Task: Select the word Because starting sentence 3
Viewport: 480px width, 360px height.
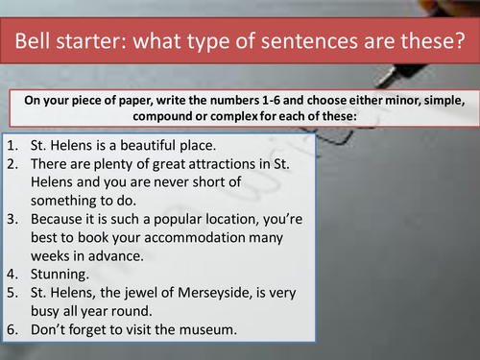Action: click(x=59, y=218)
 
